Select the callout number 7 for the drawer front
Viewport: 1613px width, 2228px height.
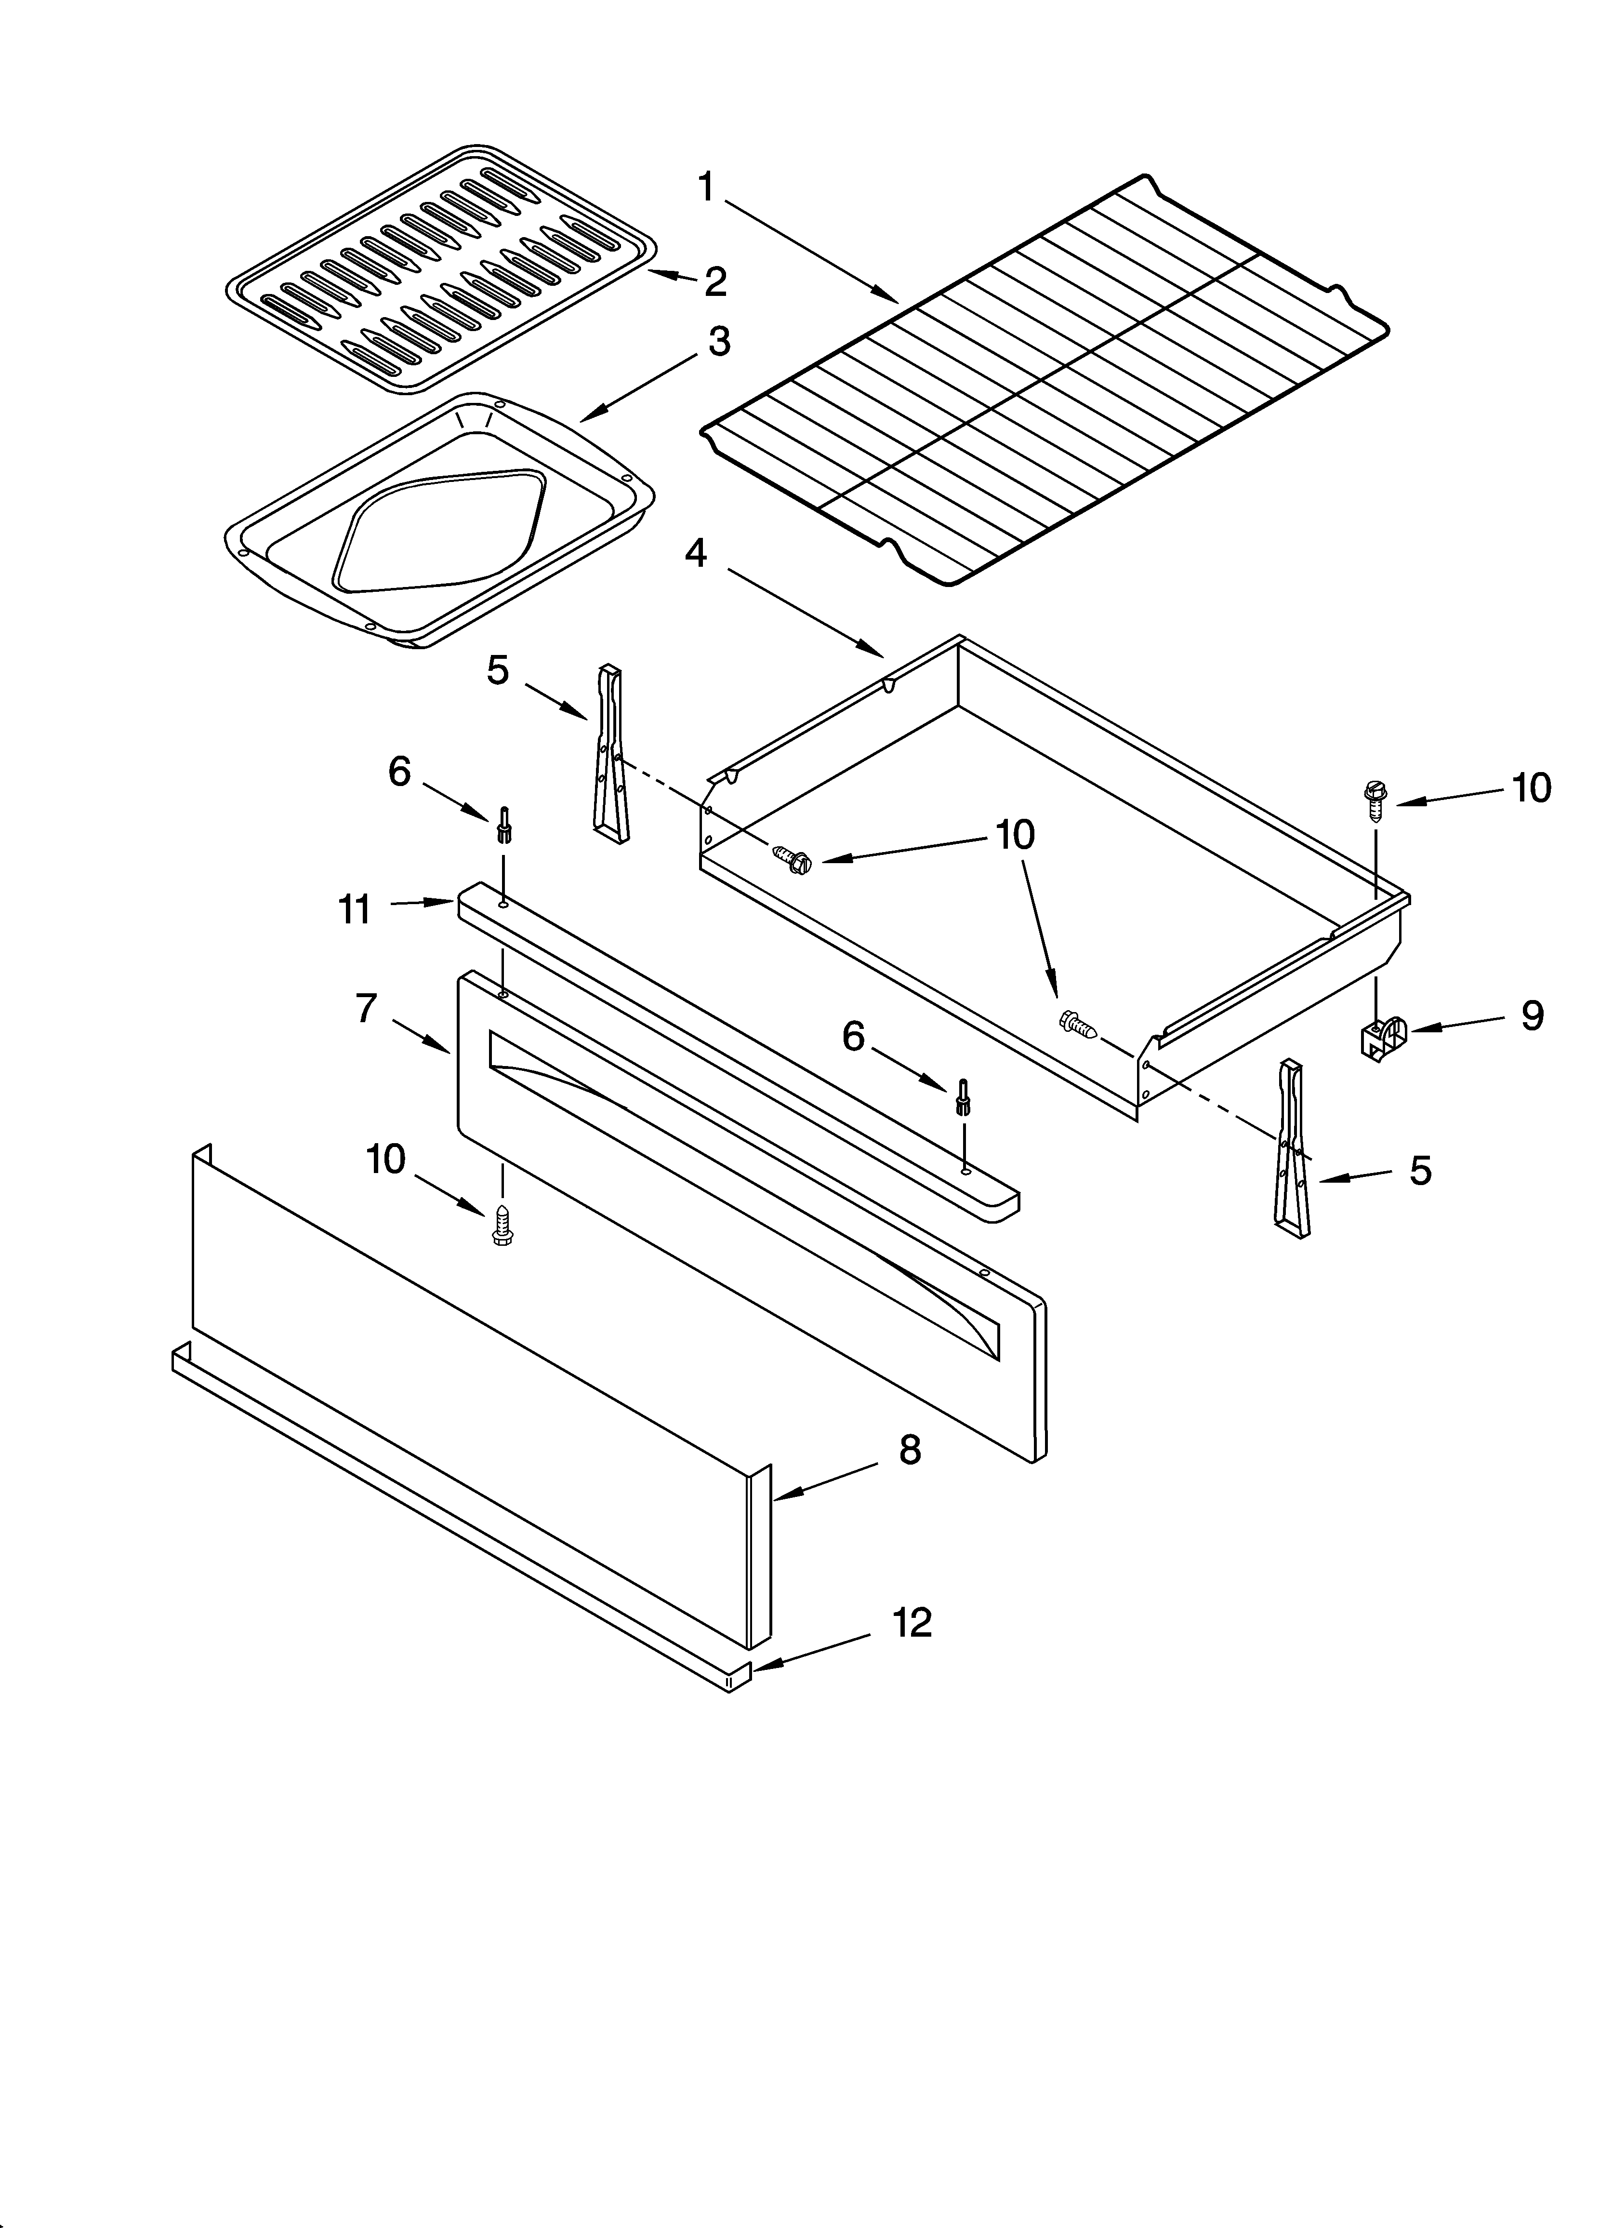coord(367,1008)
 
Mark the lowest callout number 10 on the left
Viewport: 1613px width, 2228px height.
coord(386,1159)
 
